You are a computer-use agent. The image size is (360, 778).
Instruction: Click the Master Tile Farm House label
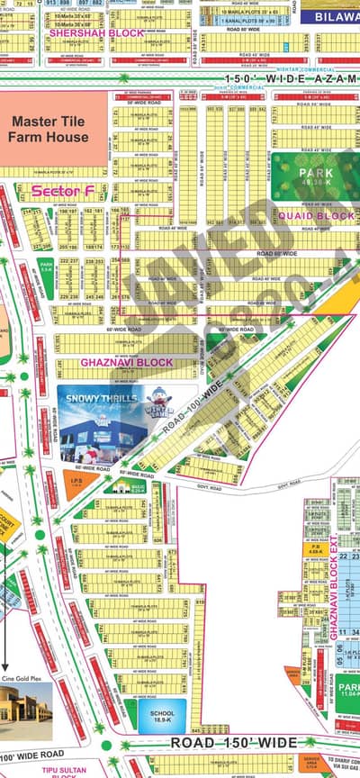49,129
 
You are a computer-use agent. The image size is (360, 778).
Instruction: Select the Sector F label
57,191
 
